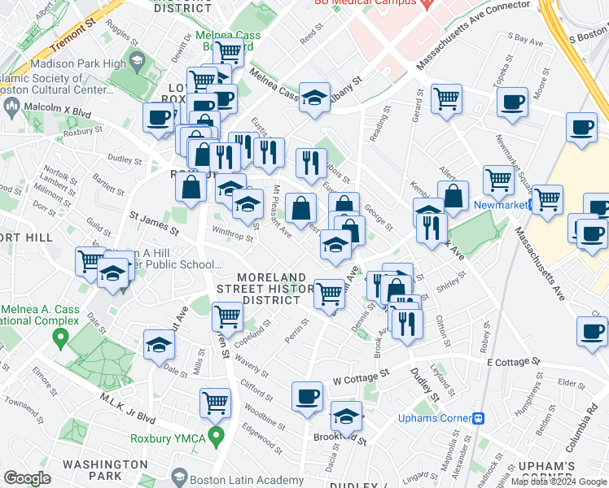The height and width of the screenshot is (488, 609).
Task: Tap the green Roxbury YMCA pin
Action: tap(216, 438)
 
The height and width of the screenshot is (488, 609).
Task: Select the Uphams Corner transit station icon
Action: tap(479, 419)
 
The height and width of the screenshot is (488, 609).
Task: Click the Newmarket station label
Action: tap(498, 205)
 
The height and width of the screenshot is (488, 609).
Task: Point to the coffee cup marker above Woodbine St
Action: tap(307, 396)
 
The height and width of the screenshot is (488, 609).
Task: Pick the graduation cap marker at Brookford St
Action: tap(346, 416)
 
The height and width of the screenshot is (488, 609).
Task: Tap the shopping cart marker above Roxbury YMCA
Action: tap(215, 401)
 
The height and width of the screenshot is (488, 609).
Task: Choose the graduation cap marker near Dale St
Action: tap(160, 344)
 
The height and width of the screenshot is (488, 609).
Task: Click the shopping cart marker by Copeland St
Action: tap(227, 315)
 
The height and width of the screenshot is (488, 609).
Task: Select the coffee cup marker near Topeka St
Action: tap(512, 102)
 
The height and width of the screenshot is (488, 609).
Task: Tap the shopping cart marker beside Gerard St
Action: tap(446, 98)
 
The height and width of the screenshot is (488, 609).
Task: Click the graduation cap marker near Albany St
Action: tap(314, 97)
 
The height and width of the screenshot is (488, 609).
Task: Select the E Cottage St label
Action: tap(513, 361)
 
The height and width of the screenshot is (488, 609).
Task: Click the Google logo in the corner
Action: tap(27, 478)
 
